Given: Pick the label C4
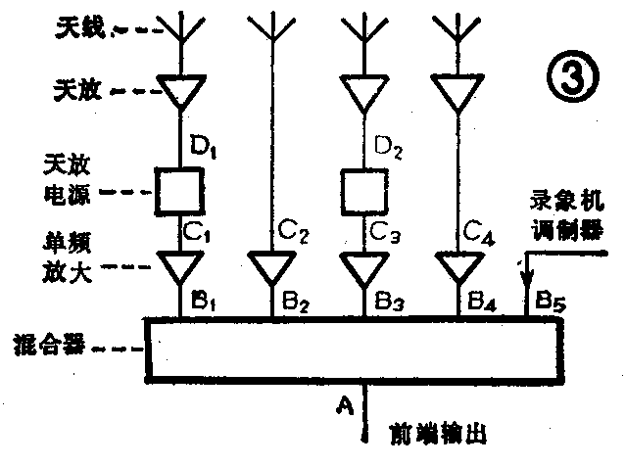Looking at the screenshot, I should pyautogui.click(x=479, y=232).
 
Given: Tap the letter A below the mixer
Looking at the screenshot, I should pyautogui.click(x=344, y=402).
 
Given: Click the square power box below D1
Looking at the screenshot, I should pyautogui.click(x=179, y=190).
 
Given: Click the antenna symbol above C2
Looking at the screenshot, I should pyautogui.click(x=271, y=29).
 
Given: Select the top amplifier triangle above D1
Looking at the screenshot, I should pyautogui.click(x=179, y=92).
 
